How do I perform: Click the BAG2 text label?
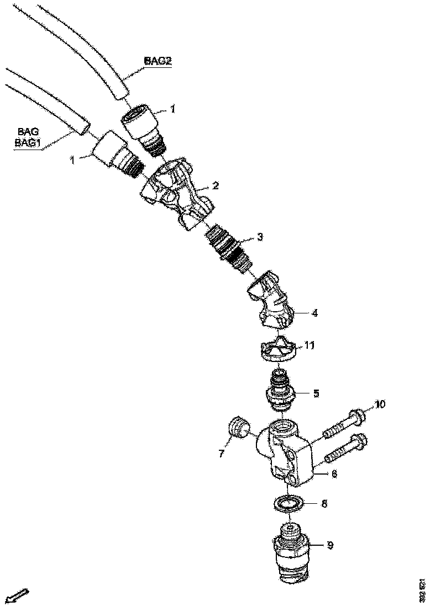(158, 61)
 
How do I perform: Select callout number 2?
(216, 186)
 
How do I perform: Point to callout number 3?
(259, 237)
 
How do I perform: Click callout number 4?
(314, 313)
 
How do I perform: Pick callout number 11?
(310, 345)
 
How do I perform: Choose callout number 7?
(221, 454)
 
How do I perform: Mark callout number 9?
(330, 546)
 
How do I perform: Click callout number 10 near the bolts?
(379, 404)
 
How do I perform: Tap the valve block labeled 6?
(287, 452)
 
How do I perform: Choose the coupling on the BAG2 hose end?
(142, 130)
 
